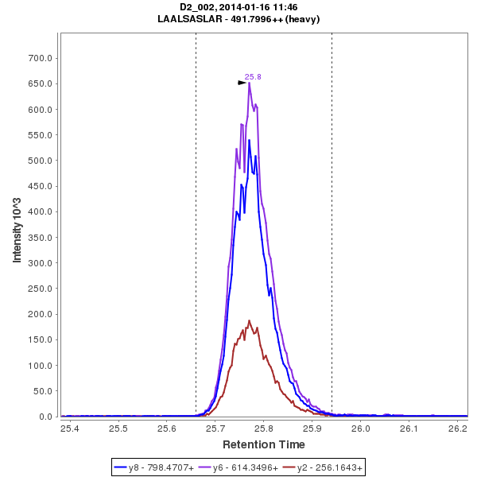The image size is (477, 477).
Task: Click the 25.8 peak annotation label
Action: tap(253, 77)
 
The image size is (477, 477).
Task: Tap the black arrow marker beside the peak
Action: tap(242, 82)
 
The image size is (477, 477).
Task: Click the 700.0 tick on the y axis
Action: tap(41, 58)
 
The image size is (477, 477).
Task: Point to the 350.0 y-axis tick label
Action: tap(41, 237)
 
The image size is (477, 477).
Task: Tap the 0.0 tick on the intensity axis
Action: tap(46, 417)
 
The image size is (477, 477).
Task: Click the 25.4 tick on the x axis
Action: tap(70, 429)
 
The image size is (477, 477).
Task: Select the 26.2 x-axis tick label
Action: tap(458, 429)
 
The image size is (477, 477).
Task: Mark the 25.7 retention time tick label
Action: tap(215, 429)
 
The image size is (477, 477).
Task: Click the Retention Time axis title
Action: tap(263, 444)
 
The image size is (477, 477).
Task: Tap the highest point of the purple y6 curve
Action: tap(249, 83)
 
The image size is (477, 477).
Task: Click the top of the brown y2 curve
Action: tap(249, 320)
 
